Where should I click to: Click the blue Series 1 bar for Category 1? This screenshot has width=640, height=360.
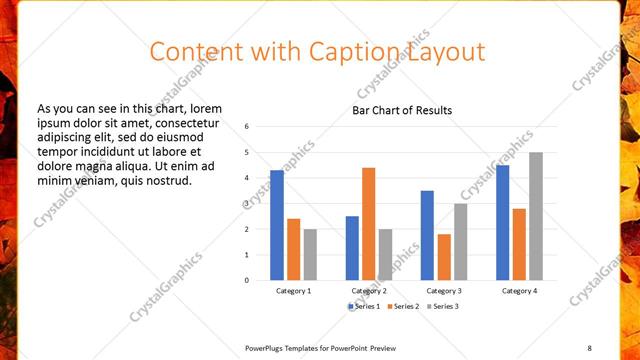(277, 225)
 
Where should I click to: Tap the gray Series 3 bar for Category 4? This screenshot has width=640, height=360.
(536, 216)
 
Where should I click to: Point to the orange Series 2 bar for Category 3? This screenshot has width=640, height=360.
(444, 257)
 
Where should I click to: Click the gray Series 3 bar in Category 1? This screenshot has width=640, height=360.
(310, 254)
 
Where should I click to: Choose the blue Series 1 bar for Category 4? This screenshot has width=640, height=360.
(502, 222)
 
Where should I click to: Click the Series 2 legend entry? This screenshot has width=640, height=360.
(401, 306)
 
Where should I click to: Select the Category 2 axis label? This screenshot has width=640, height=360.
(369, 290)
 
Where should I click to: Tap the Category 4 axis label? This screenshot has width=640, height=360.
(519, 290)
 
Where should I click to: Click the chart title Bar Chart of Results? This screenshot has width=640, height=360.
(402, 110)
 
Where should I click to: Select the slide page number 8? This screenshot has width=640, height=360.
(589, 347)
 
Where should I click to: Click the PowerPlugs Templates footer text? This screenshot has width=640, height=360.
(320, 347)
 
